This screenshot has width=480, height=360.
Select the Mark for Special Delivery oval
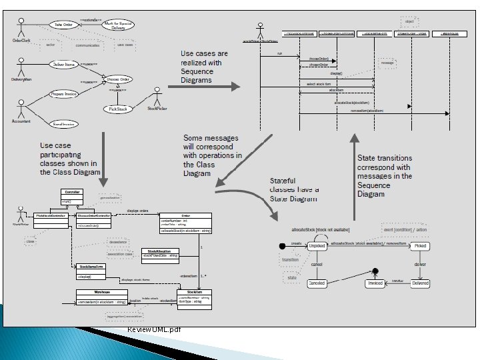[x=116, y=26]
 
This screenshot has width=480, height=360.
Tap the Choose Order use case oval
[x=118, y=78]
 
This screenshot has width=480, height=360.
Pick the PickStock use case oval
[x=117, y=109]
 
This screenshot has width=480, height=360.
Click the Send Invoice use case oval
[x=65, y=123]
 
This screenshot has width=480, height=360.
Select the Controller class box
[x=71, y=195]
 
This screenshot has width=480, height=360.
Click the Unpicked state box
[x=317, y=246]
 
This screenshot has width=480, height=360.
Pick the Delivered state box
[x=419, y=283]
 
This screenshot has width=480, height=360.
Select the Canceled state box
[x=317, y=283]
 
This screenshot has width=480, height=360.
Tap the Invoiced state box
[x=375, y=283]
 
